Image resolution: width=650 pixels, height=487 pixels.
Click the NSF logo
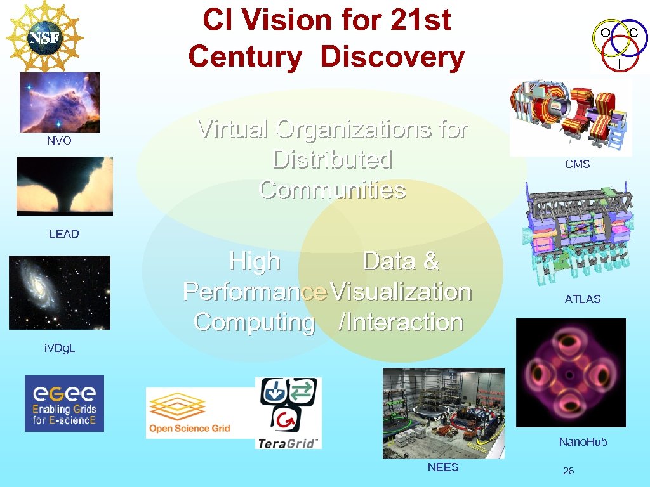44,37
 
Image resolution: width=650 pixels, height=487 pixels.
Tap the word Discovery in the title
392,56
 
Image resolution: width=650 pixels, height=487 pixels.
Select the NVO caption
59,141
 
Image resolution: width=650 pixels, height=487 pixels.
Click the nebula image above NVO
59,101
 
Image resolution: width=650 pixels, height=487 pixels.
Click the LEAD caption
64,234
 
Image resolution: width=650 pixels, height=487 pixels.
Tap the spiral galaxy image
59,292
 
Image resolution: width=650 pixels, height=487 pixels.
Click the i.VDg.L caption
60,348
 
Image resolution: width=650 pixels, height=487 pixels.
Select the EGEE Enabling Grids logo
64,403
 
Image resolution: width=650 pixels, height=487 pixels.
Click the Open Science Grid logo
190,413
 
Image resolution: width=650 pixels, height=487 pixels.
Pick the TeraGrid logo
288,413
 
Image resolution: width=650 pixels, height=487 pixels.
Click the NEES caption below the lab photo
442,467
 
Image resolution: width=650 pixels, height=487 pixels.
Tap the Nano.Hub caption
582,442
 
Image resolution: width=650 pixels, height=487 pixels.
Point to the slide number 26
568,471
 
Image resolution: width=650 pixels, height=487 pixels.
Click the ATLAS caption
582,299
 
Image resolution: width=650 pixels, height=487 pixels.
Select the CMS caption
577,164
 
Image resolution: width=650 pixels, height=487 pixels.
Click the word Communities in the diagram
332,190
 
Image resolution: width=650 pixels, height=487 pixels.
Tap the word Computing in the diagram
254,322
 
